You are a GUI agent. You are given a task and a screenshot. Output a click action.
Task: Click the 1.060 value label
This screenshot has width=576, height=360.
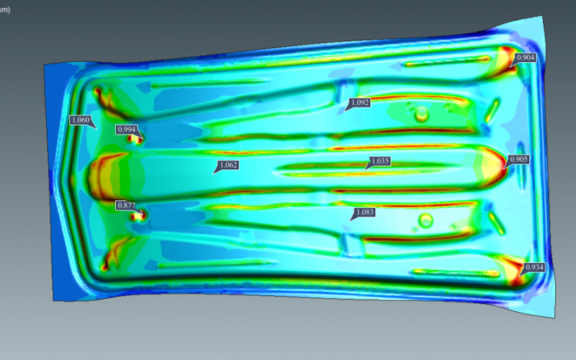[81, 120]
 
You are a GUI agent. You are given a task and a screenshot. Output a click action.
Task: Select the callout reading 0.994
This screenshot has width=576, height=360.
[127, 130]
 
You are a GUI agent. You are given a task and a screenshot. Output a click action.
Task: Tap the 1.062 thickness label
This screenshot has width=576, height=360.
[228, 165]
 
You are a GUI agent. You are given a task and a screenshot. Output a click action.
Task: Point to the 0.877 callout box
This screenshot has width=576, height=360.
[127, 205]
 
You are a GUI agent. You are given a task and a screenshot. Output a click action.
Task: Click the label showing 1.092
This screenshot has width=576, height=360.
[359, 102]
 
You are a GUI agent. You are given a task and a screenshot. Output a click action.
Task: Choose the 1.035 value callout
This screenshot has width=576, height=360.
[380, 161]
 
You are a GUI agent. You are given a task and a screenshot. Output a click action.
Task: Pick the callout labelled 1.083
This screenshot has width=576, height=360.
[365, 212]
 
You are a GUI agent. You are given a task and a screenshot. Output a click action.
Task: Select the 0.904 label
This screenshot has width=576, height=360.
[526, 58]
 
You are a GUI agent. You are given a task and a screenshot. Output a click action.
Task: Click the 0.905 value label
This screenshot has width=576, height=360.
[518, 159]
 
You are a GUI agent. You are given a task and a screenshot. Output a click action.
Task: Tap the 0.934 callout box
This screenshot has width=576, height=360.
[534, 267]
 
